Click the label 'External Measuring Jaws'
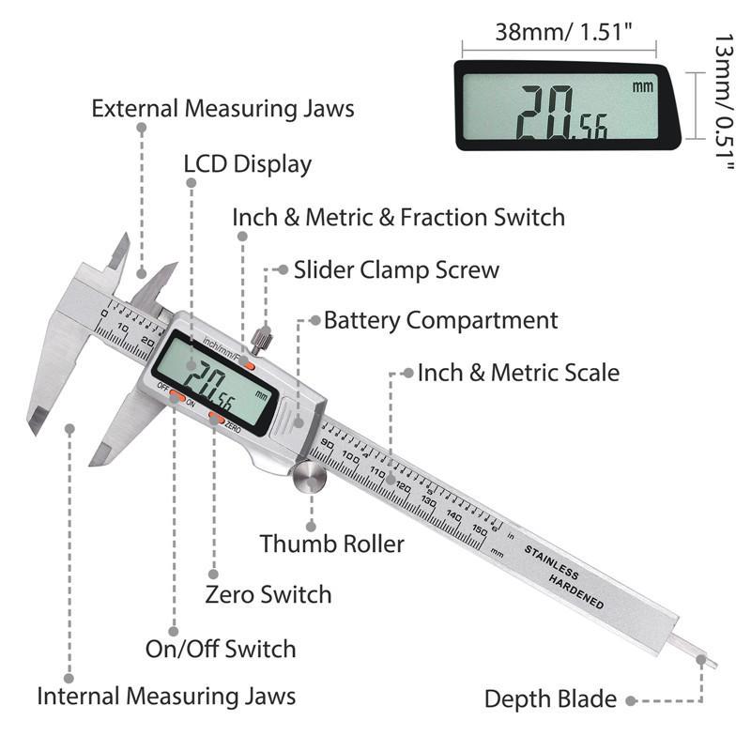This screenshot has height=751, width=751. pyautogui.click(x=222, y=108)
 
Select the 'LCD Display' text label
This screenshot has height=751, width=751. pyautogui.click(x=247, y=164)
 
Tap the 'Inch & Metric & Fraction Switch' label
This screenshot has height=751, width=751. pyautogui.click(x=398, y=218)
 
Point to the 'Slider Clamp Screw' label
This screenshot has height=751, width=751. pyautogui.click(x=396, y=270)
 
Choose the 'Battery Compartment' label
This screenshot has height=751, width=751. pyautogui.click(x=440, y=320)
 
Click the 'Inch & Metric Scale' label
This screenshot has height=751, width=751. pyautogui.click(x=518, y=373)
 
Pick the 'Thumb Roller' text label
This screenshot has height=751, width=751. pyautogui.click(x=332, y=544)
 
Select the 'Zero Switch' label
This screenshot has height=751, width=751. pyautogui.click(x=268, y=594)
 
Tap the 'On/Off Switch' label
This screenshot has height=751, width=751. pyautogui.click(x=221, y=649)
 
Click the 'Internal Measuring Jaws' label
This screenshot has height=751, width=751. pyautogui.click(x=166, y=697)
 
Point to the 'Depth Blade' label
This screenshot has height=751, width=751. pyautogui.click(x=550, y=699)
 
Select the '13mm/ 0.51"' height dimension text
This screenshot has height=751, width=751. pyautogui.click(x=723, y=103)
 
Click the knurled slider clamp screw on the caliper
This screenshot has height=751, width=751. pyautogui.click(x=261, y=336)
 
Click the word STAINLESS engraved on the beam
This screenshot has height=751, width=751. pyautogui.click(x=553, y=559)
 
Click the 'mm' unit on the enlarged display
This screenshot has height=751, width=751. pyautogui.click(x=642, y=87)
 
